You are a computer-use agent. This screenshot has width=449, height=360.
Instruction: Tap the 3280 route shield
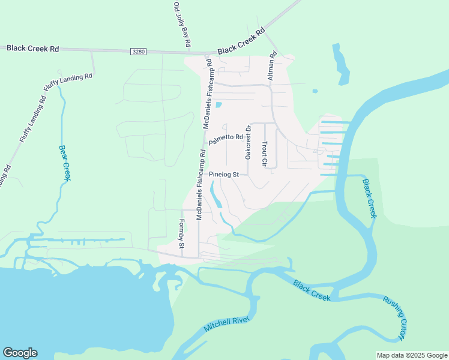[138, 53]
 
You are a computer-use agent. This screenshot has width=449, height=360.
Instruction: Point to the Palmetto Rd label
[226, 140]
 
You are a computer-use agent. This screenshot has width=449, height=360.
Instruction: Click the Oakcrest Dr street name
[248, 142]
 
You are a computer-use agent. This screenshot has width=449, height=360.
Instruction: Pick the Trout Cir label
[264, 154]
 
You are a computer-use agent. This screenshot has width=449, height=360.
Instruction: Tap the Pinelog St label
[224, 175]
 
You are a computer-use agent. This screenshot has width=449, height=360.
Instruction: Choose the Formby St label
[181, 234]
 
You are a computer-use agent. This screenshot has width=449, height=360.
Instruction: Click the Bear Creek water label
[64, 162]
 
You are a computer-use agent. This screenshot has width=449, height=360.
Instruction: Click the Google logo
[20, 353]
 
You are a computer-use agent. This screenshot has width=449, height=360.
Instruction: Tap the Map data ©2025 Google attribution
[411, 355]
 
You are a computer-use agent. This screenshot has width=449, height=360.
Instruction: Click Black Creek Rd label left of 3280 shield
[33, 48]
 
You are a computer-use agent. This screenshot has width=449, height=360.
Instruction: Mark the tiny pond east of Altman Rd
[315, 92]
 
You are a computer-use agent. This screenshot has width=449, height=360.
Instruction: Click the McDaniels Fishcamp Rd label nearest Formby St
[201, 184]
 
